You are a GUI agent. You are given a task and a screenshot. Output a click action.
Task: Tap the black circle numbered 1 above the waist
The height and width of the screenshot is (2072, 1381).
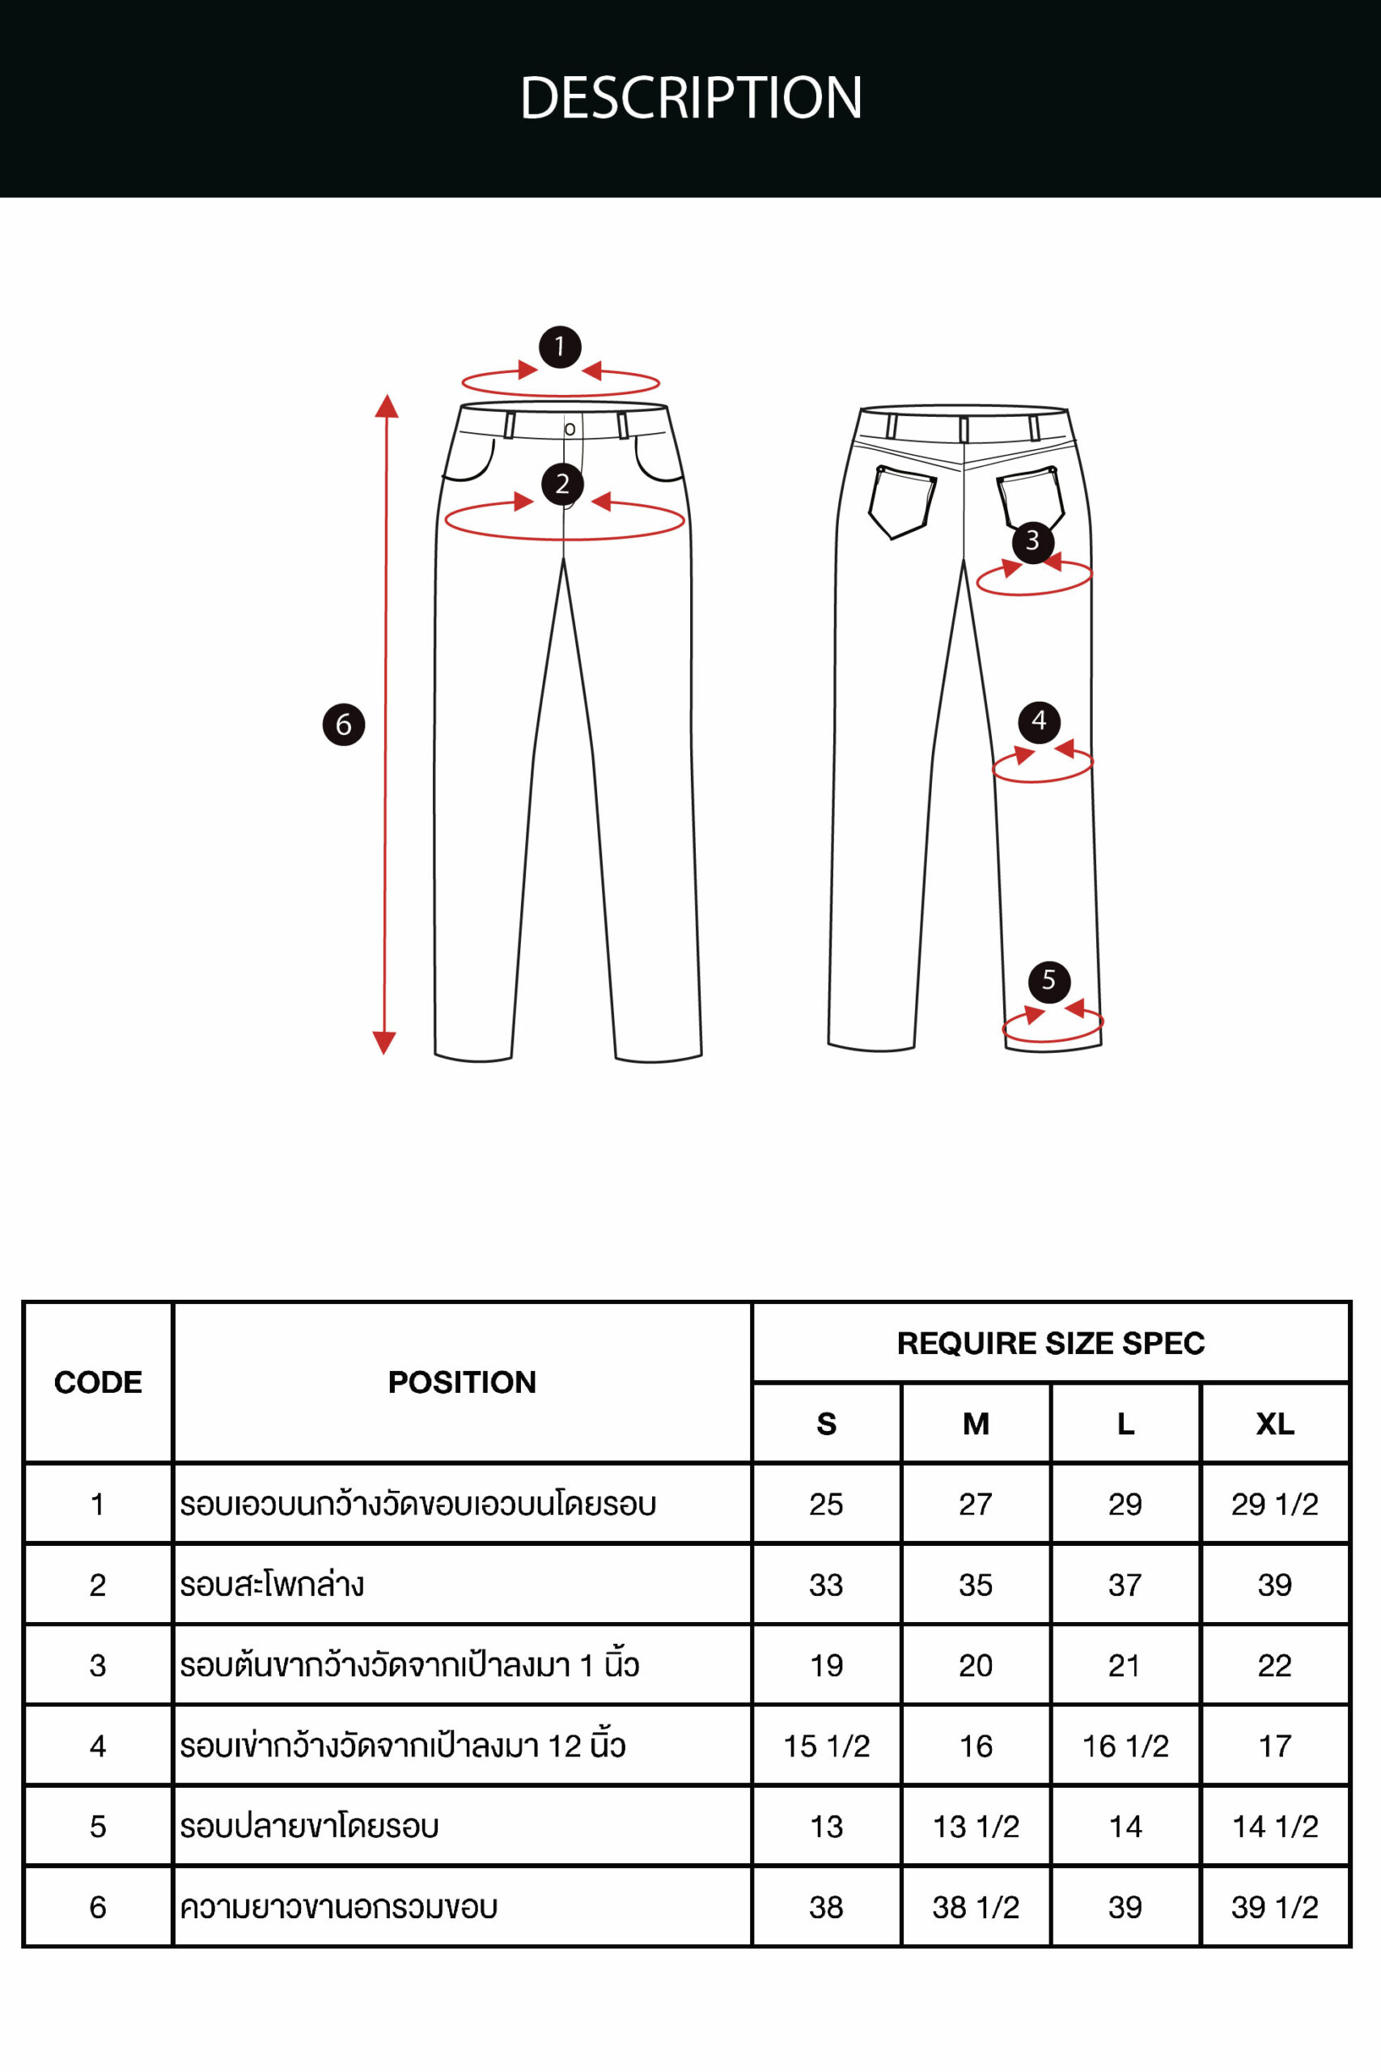[560, 347]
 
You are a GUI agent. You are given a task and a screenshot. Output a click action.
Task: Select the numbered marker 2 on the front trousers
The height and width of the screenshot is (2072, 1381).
[563, 484]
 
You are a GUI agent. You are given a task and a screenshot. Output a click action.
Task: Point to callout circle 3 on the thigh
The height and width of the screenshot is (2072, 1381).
[1033, 541]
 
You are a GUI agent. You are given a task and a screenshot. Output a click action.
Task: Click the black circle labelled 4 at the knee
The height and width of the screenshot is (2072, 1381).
[1040, 721]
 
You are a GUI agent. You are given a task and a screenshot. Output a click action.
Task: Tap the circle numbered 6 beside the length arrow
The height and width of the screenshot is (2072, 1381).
[344, 725]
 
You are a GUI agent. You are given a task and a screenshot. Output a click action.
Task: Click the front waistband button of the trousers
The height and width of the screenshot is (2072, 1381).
[570, 429]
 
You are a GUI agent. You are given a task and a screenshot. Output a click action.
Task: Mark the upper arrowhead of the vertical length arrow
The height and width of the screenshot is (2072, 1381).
[387, 405]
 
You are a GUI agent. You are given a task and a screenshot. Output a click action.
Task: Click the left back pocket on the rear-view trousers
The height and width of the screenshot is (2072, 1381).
[902, 502]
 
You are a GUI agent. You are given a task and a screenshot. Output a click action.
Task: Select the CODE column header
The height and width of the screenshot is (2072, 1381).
[98, 1382]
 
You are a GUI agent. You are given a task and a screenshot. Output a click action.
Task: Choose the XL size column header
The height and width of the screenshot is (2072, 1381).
[1274, 1424]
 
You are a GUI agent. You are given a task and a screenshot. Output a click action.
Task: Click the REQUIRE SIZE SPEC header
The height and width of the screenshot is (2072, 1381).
[1051, 1344]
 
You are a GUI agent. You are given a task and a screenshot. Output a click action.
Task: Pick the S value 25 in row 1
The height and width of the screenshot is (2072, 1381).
[826, 1504]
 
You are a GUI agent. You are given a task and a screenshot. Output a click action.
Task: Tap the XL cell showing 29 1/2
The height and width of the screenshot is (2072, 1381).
[1274, 1504]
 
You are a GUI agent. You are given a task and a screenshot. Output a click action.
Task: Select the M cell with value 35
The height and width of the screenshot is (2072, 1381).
[976, 1585]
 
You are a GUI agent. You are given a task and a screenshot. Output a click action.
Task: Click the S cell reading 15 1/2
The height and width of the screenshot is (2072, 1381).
[826, 1746]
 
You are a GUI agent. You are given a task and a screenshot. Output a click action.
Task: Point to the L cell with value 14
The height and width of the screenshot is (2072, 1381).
[1125, 1827]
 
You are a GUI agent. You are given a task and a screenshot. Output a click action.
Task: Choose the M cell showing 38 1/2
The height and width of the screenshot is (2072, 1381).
[976, 1907]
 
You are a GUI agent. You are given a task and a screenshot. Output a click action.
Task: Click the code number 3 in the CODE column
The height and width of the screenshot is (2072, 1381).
[98, 1665]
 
